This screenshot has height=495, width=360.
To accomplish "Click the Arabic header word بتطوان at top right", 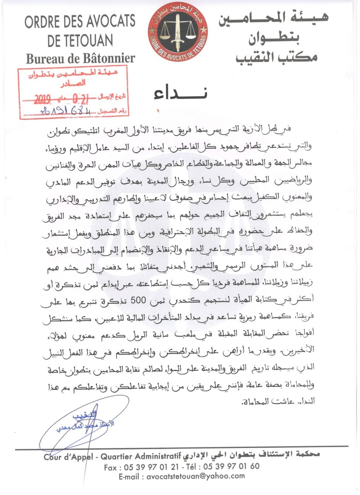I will coord(278,38).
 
